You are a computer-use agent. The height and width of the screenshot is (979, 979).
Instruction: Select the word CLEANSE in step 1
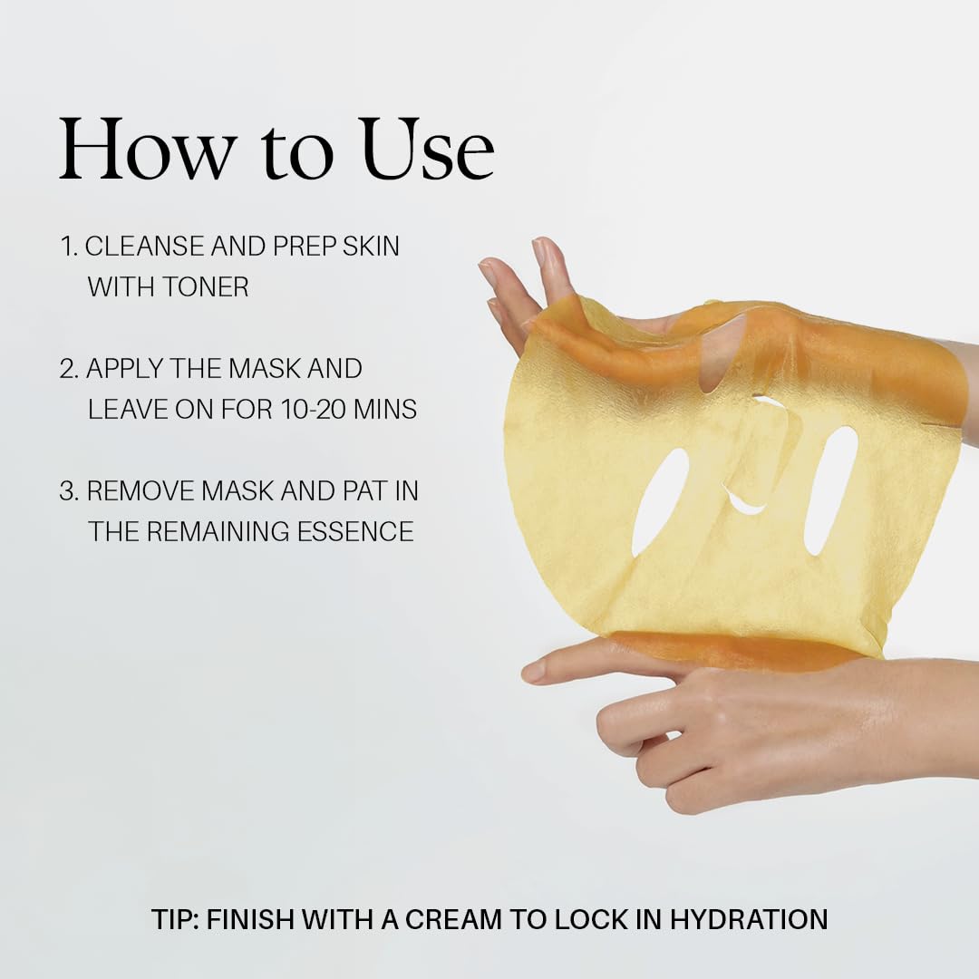coord(144,246)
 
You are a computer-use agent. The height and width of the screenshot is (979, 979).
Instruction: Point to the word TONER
coord(206,287)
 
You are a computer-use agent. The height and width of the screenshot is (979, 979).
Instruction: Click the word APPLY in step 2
coord(124,368)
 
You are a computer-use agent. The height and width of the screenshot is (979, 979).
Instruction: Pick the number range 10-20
coord(314,410)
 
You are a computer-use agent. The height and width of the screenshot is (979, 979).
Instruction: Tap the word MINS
coord(385,410)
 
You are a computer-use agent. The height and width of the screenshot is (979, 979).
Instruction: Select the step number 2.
coord(68,368)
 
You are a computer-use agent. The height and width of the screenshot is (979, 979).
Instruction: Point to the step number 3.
coord(68,490)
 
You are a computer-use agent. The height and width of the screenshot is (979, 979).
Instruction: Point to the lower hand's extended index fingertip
coord(529,673)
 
